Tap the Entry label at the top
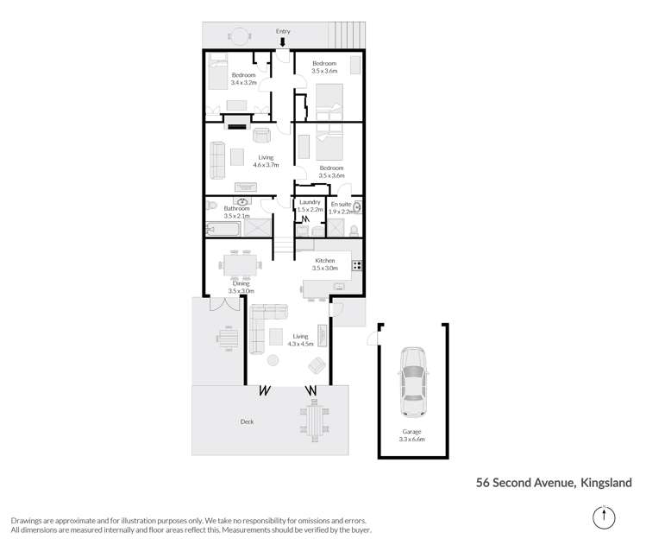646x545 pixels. coord(283,31)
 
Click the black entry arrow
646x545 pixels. coord(283,41)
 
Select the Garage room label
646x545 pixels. coord(411,431)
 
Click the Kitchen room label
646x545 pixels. coord(324,260)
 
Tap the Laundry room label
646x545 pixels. coord(310,202)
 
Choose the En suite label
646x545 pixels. coord(342,203)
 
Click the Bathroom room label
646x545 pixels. coord(236,208)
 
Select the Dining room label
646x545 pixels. coord(241,283)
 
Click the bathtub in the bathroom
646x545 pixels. coord(223,230)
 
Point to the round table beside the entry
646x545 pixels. coord(238,36)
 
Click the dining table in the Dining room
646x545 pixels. coord(238,263)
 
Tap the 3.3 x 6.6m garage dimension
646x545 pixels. coord(411,440)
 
